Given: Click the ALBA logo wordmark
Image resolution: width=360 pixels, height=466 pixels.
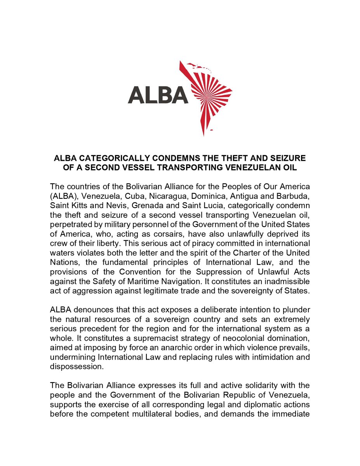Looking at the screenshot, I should [x=158, y=94].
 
